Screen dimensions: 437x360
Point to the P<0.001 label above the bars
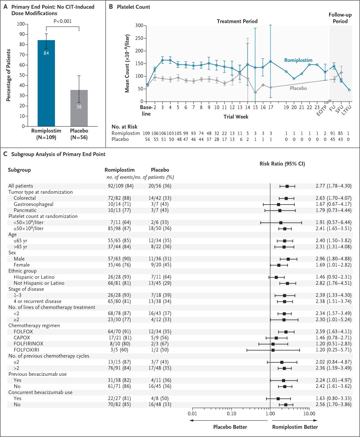click(63, 21)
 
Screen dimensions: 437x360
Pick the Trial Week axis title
click(236, 117)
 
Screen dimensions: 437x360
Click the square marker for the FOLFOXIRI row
click(273, 350)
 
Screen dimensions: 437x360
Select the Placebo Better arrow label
click(230, 427)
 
